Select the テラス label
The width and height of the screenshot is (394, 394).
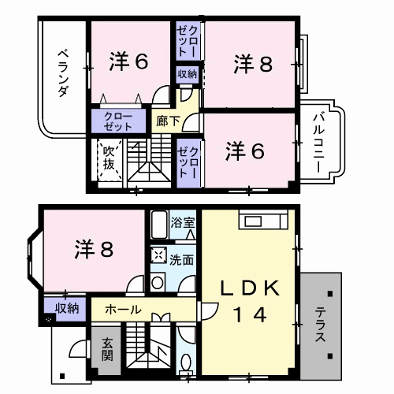(x=322, y=323)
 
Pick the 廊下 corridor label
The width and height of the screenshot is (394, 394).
(x=168, y=121)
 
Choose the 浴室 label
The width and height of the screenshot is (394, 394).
(x=186, y=223)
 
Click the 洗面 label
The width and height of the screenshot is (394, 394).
(x=182, y=258)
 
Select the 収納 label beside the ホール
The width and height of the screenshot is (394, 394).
(x=66, y=308)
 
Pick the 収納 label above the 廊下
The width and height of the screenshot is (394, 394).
(x=188, y=75)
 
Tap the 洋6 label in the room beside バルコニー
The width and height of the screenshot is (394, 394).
(x=245, y=151)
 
